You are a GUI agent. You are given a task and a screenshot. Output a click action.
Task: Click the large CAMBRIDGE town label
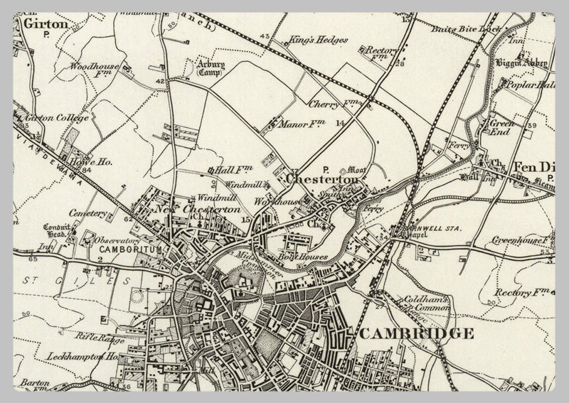coord(415,333)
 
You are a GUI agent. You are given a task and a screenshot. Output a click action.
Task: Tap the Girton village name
coord(46,23)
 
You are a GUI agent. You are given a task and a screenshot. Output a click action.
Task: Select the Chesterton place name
coord(322,181)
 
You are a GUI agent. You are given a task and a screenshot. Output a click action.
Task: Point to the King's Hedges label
coord(319,40)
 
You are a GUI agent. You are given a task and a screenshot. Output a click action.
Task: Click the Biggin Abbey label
coord(522,63)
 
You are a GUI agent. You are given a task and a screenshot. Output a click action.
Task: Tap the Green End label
coord(501,127)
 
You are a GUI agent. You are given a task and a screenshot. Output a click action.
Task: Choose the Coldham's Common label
coord(425,304)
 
